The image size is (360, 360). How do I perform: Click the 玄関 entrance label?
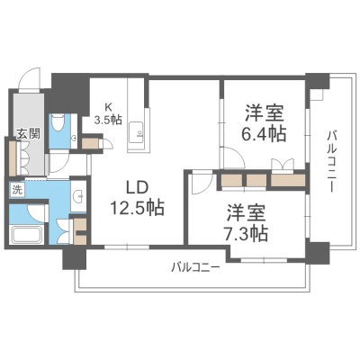click(x=28, y=133)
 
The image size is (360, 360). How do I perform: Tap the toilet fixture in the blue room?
click(x=57, y=123)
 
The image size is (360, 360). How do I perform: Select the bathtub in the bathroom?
click(x=25, y=235)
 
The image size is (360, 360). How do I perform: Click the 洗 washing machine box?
click(x=17, y=190)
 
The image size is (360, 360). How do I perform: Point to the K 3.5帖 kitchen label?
click(x=108, y=114)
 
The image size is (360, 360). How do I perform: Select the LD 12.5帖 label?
click(x=138, y=199)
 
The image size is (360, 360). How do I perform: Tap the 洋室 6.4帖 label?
click(x=264, y=123)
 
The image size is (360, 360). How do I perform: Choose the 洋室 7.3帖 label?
click(x=247, y=223)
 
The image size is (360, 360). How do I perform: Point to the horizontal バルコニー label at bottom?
click(x=195, y=266)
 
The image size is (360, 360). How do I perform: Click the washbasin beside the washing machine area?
click(x=78, y=196)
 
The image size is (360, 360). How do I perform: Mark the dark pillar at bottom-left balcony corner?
click(x=75, y=257)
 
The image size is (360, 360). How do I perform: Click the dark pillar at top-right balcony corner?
click(x=317, y=81)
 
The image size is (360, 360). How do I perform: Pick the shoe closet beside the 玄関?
click(x=13, y=158)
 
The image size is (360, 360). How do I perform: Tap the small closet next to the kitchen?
click(x=89, y=143)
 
